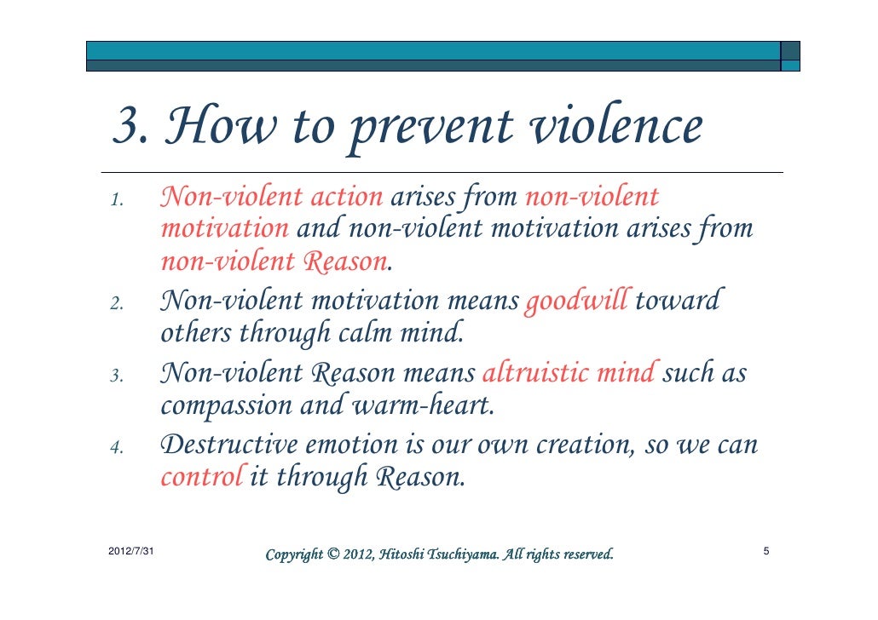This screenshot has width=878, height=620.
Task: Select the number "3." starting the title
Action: (x=131, y=128)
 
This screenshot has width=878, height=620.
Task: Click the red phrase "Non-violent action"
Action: (x=271, y=198)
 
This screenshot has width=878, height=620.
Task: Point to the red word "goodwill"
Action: (x=577, y=301)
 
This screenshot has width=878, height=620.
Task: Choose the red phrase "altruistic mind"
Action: (x=569, y=373)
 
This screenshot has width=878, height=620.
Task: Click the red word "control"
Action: (x=201, y=476)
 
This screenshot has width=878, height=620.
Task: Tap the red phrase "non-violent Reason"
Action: (x=274, y=261)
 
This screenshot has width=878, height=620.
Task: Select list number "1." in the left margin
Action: (x=118, y=201)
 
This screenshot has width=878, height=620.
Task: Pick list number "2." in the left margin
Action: (x=118, y=303)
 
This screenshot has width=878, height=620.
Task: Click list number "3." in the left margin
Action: (x=118, y=376)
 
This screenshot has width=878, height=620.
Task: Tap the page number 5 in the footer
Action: (x=766, y=553)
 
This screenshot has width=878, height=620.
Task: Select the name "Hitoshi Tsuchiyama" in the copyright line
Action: (x=441, y=555)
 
